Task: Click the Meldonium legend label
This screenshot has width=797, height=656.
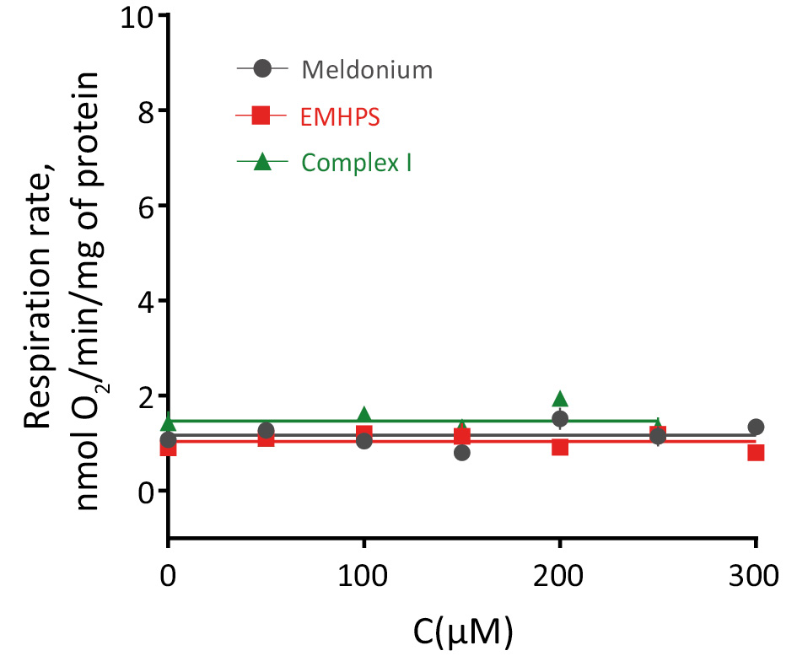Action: click(367, 70)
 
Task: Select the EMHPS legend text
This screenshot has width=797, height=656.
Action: click(340, 116)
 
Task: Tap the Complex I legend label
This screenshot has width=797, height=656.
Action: click(357, 162)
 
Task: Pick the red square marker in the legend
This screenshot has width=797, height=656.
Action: click(261, 116)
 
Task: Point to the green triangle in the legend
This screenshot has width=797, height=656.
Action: click(261, 161)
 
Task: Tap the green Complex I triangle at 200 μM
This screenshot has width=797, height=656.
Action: click(560, 399)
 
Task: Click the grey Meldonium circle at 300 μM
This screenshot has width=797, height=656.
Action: click(756, 427)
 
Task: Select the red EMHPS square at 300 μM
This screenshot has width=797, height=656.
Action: click(756, 453)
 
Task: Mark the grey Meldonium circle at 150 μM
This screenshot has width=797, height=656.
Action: click(461, 453)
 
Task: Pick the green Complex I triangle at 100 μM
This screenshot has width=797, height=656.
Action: click(363, 415)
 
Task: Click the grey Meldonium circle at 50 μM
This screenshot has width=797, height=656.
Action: click(266, 431)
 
